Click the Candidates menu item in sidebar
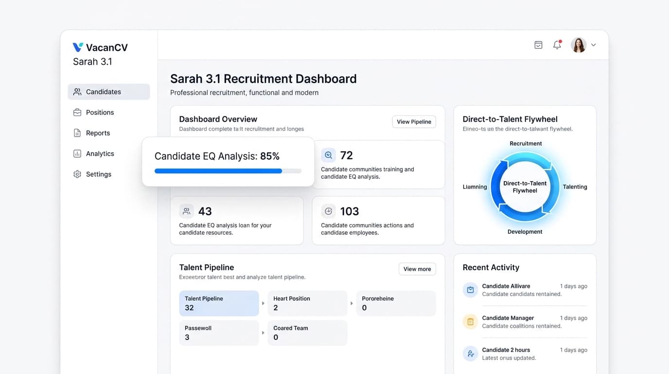pos(108,92)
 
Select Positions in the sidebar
pos(100,112)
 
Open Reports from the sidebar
pos(98,133)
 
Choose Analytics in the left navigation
pos(100,154)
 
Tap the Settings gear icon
pos(77,174)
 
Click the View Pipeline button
pos(414,122)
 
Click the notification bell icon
pos(557,45)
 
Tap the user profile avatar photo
pos(578,45)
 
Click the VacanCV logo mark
pos(78,47)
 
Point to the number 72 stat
pos(346,155)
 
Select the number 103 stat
pos(349,211)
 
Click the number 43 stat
pos(205,211)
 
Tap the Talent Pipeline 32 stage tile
pos(219,303)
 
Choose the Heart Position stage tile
pos(307,303)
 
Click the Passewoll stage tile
pos(219,333)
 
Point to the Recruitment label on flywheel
pos(526,144)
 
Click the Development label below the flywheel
pos(525,232)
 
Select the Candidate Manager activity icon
pos(470,322)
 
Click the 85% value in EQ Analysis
pos(270,156)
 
